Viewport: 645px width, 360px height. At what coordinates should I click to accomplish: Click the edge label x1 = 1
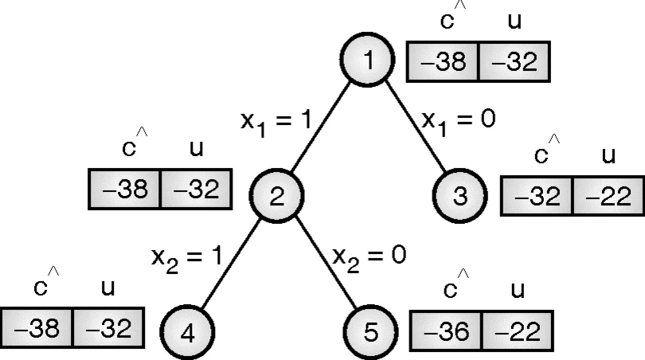coord(276,123)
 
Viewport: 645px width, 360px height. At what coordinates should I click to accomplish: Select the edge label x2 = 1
coord(186,259)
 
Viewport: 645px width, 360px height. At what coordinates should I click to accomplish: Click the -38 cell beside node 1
coord(443,62)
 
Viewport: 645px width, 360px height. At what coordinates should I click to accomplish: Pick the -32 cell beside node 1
coord(514,62)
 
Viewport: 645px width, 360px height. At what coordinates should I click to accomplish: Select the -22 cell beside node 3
coord(608,196)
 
